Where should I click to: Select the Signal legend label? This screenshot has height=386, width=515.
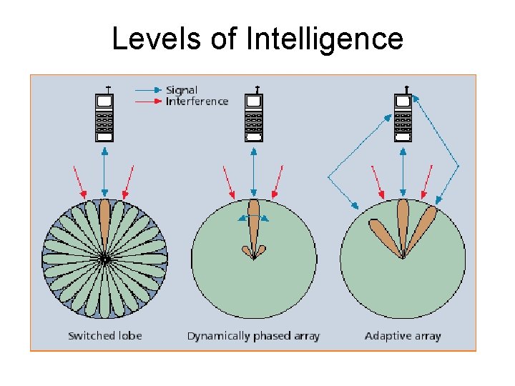[182, 90]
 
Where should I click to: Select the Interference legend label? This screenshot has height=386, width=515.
[197, 102]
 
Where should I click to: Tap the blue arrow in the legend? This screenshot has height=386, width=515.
[148, 90]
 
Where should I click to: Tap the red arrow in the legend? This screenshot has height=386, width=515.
[148, 102]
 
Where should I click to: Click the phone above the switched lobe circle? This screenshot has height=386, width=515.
[104, 117]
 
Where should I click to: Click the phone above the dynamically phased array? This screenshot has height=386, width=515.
[254, 117]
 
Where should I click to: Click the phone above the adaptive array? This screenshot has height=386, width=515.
[403, 117]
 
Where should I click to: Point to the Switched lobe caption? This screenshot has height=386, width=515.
[105, 335]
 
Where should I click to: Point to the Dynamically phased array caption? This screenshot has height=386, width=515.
[253, 335]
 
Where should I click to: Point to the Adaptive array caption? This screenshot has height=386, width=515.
[403, 335]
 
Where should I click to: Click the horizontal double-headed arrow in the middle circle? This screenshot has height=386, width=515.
[254, 218]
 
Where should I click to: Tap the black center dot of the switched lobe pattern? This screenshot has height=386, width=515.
[105, 259]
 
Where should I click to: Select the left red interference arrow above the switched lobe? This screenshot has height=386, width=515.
[80, 182]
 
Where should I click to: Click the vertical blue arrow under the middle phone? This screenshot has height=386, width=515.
[254, 172]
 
